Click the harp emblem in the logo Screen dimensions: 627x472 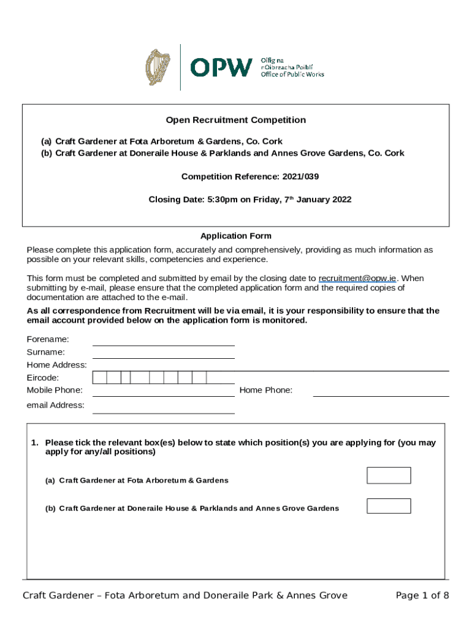click(x=158, y=67)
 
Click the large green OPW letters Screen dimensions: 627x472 click(x=221, y=67)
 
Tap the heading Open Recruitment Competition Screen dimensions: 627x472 click(x=236, y=120)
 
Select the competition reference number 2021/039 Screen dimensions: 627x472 click(x=300, y=177)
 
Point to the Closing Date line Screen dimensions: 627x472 click(x=250, y=200)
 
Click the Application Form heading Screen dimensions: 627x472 click(x=236, y=236)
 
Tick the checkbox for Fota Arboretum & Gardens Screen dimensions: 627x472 click(x=389, y=476)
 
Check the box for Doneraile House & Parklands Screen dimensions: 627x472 click(x=389, y=506)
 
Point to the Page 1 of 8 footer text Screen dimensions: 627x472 click(x=422, y=596)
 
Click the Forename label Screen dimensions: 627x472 click(x=48, y=339)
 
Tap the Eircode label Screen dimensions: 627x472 click(x=43, y=378)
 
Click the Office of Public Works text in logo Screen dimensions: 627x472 click(x=293, y=74)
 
